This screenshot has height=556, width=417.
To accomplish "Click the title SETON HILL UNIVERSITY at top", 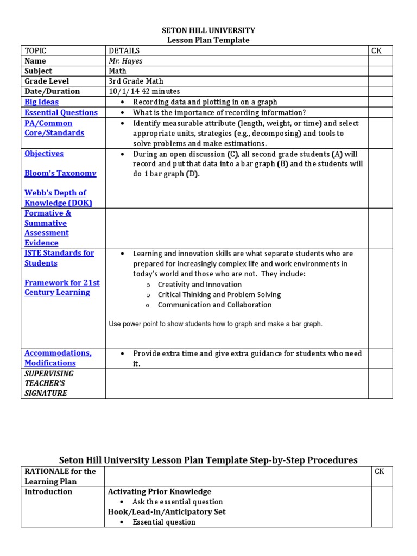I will pyautogui.click(x=208, y=30).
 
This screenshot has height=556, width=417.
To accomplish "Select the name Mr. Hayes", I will pyautogui.click(x=125, y=61).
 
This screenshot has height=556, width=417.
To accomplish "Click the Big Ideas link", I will pyautogui.click(x=41, y=102).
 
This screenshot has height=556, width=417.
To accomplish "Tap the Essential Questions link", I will pyautogui.click(x=61, y=112).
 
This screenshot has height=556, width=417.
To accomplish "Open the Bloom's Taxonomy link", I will pyautogui.click(x=60, y=173).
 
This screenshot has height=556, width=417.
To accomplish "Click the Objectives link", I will pyautogui.click(x=44, y=154).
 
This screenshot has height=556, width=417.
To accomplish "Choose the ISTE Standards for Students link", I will pyautogui.click(x=59, y=258).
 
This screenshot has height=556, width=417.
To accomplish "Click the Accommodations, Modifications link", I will pyautogui.click(x=58, y=358).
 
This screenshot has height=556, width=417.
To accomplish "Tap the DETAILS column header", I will pyautogui.click(x=124, y=50).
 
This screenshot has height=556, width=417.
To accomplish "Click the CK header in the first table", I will pyautogui.click(x=376, y=50).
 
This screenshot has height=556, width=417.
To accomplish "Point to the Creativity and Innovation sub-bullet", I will pyautogui.click(x=199, y=285).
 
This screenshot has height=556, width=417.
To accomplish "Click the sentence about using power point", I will pyautogui.click(x=216, y=324).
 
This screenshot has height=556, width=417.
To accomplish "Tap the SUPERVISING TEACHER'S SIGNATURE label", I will pyautogui.click(x=49, y=383).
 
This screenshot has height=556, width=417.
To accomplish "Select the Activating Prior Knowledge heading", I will pyautogui.click(x=160, y=491).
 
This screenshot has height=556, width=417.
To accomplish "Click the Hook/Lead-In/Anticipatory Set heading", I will pyautogui.click(x=167, y=511).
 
